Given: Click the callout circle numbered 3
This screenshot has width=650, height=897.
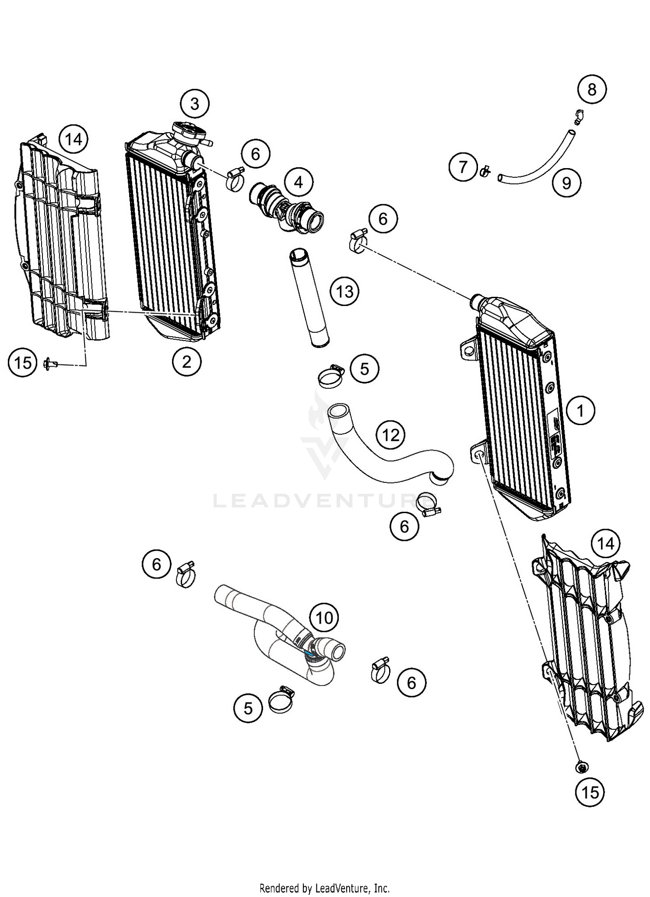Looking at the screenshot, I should (x=195, y=104).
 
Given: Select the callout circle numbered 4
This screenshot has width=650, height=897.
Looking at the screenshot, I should (x=299, y=182).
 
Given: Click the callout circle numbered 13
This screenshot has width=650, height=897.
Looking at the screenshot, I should (x=344, y=291).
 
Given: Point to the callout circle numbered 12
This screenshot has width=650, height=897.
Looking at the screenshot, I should (x=391, y=435).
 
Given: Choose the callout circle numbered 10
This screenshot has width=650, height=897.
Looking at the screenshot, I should (x=324, y=618).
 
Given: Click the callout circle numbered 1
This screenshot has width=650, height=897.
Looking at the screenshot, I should (x=580, y=410).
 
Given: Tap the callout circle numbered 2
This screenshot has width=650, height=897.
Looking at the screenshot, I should (x=186, y=361).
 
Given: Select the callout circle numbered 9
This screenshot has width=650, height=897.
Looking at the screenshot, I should (x=566, y=183).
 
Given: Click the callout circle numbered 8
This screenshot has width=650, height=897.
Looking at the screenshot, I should (x=591, y=90).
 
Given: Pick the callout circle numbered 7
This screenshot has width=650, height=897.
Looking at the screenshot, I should (x=463, y=167).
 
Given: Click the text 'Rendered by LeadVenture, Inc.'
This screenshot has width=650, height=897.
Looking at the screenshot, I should (x=325, y=888).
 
